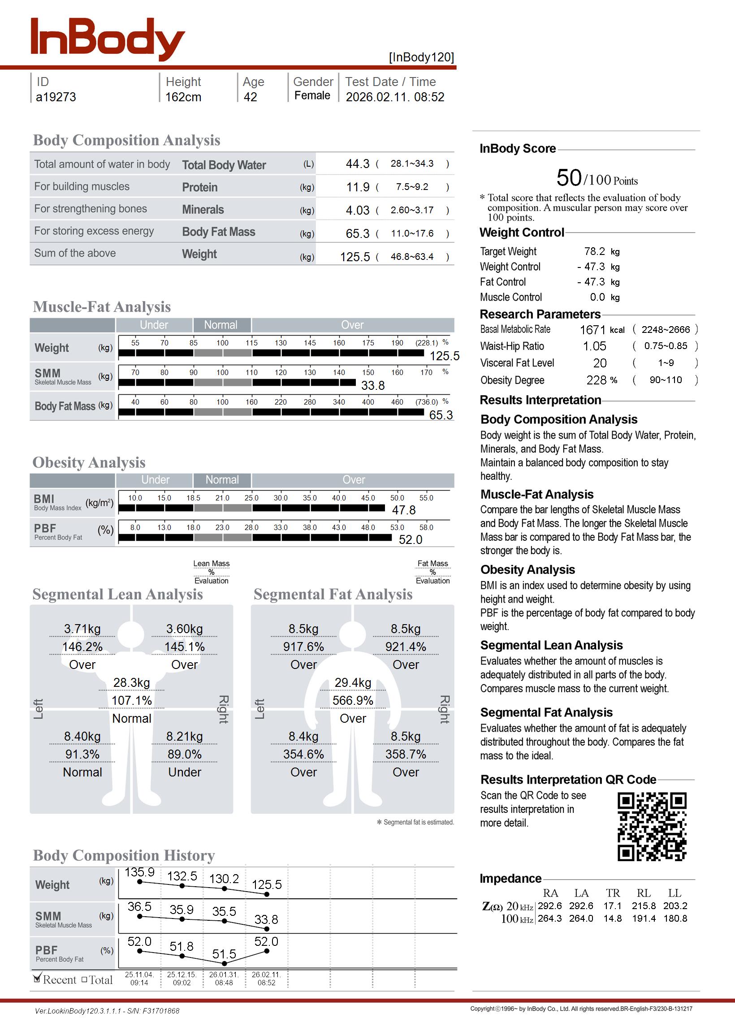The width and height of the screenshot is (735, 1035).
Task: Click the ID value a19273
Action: click(56, 97)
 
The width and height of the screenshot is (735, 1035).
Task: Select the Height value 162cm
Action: click(183, 97)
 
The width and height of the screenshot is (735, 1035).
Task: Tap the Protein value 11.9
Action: click(358, 187)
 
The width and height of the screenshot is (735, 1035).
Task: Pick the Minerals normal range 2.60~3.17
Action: click(412, 210)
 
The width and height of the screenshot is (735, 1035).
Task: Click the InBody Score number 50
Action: click(568, 177)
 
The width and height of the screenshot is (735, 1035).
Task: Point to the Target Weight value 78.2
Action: click(594, 251)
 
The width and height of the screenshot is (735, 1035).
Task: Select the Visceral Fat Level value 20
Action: click(600, 363)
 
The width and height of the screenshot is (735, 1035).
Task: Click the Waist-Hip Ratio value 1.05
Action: click(594, 346)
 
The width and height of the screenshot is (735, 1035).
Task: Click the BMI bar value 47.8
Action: click(403, 510)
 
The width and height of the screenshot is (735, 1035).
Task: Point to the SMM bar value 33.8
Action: click(372, 385)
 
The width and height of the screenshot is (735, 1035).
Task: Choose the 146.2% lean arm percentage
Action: click(82, 647)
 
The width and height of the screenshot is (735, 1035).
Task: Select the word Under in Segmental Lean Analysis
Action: click(184, 772)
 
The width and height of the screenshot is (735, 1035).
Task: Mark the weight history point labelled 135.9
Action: click(140, 881)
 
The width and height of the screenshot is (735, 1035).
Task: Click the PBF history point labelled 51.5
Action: click(225, 960)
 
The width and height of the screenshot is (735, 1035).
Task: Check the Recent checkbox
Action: click(38, 979)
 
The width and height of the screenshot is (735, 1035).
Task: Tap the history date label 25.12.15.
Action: click(182, 975)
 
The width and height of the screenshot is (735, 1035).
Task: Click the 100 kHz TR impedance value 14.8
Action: click(612, 919)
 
